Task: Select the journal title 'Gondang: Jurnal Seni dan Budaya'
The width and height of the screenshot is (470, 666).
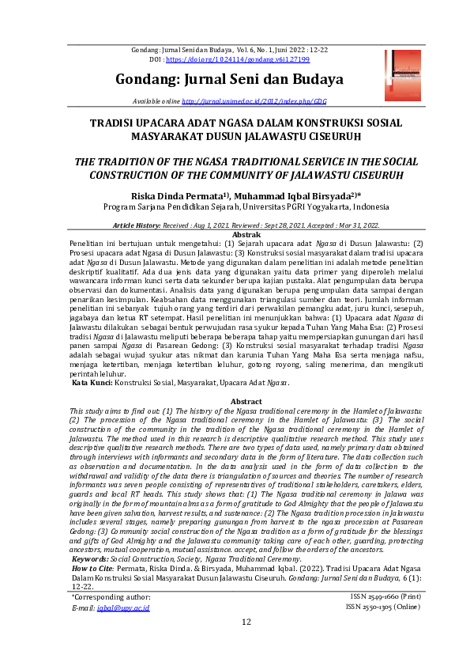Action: coord(229,79)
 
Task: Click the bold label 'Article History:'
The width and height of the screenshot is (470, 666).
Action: coord(140,225)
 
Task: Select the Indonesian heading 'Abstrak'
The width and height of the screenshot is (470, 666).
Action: coord(246,235)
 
